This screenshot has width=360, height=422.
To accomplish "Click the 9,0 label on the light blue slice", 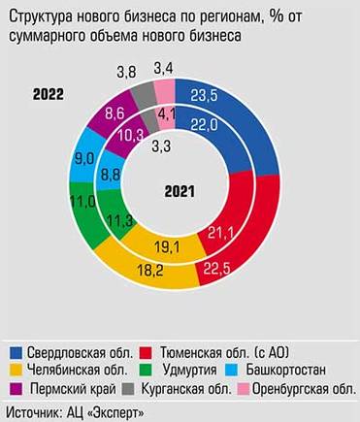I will click(58, 157).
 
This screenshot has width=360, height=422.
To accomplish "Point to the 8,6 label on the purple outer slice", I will click(87, 114).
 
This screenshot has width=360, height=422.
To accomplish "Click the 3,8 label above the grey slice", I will click(126, 72).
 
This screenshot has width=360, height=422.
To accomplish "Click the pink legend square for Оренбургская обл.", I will click(244, 389).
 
